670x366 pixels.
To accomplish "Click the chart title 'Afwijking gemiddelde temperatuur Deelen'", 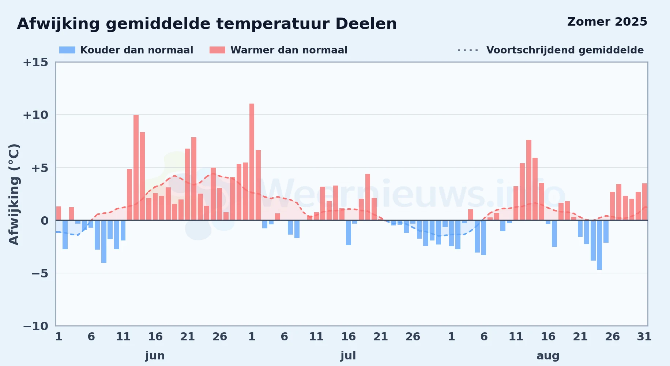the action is point(207,24).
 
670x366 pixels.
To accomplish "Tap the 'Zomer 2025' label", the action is point(607,22).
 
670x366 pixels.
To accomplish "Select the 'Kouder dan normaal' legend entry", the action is point(126,50).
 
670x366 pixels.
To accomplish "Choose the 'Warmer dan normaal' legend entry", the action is point(278,50).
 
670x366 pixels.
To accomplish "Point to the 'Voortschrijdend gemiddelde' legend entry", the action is point(550,50).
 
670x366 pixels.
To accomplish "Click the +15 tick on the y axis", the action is point(35,63).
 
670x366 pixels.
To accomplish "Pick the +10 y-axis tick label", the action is point(35,115).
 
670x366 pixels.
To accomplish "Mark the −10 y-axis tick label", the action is point(35,326).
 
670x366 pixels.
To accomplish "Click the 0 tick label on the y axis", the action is point(45,221).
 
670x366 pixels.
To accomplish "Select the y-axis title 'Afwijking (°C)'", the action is point(14,194).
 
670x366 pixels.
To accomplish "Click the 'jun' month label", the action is point(155,356).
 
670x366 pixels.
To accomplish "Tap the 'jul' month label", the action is point(348,356).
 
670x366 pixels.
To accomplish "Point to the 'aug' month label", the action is point(548,356).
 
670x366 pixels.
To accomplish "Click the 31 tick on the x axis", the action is point(644,337).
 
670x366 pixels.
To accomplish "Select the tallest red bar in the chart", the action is point(252,162).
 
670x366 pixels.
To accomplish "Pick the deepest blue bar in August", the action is point(599,245).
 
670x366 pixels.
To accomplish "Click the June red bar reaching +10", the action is point(136,168).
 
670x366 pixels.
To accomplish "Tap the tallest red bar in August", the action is point(529,180).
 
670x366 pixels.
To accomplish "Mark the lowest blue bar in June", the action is point(104,242).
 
